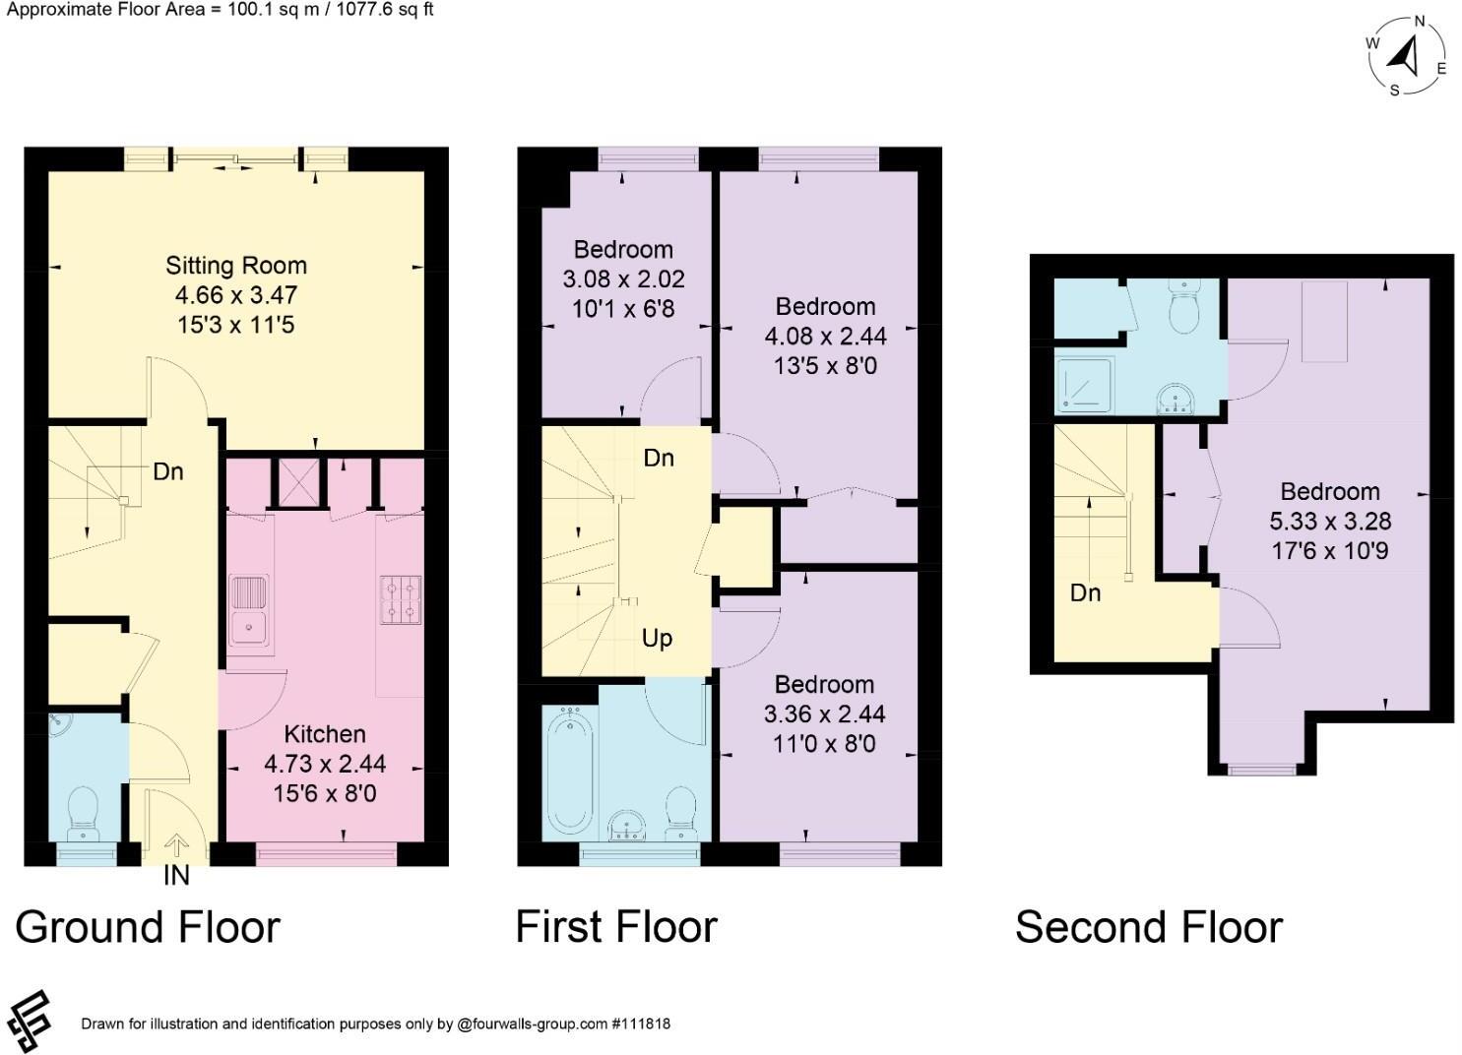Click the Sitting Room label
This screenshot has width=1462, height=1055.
coord(235,266)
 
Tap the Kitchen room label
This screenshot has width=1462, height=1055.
coord(324,734)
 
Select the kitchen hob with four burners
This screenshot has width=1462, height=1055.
coord(401,599)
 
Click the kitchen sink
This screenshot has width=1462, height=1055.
coord(249,609)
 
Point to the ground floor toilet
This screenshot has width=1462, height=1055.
coord(83,814)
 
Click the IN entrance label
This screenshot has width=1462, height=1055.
coord(176,876)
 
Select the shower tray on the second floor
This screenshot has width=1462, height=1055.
coord(1084,385)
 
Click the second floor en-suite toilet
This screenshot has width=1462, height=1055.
coord(1183,306)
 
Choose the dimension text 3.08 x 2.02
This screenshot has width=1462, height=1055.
coord(623,279)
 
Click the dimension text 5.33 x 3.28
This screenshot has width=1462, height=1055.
coord(1329,522)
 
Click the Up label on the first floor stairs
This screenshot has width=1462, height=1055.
coord(657,639)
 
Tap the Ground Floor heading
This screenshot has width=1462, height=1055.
coord(148,927)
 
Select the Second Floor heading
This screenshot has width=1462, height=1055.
coord(1149,927)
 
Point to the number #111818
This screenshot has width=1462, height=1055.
coord(641,1024)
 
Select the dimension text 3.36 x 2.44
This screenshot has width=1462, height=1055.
coord(824,714)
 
